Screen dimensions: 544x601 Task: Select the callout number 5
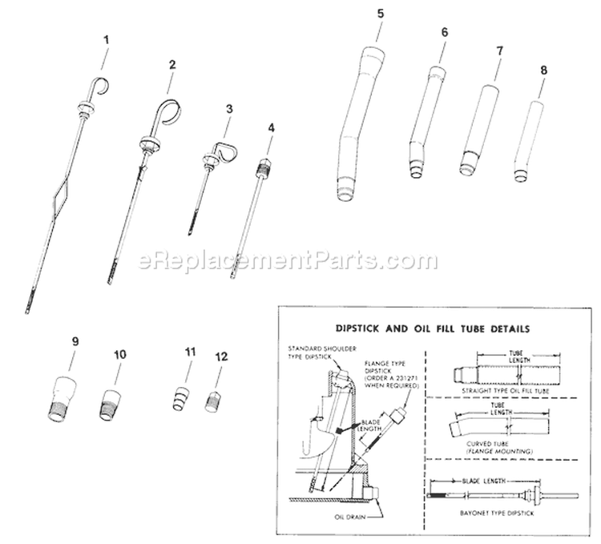click(x=379, y=14)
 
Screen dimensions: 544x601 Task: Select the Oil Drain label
click(x=353, y=515)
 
